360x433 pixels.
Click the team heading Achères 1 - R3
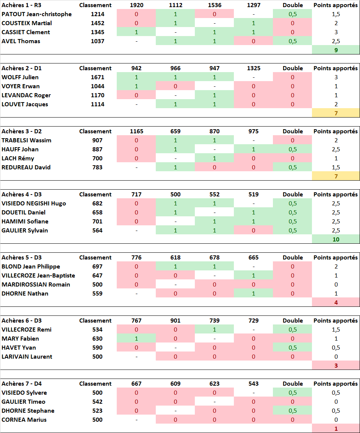click(x=21, y=5)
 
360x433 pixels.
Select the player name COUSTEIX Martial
click(x=27, y=23)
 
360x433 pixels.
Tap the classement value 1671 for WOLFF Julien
click(x=97, y=77)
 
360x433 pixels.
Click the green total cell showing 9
click(x=336, y=50)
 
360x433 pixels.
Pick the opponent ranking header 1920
click(x=136, y=5)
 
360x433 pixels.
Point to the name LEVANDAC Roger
click(x=26, y=95)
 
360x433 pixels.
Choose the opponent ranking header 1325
click(x=253, y=68)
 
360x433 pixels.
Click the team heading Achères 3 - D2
click(x=22, y=131)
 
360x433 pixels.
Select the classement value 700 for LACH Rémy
click(x=97, y=158)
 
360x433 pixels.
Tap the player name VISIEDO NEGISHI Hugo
click(x=34, y=204)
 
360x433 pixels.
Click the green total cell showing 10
click(x=336, y=239)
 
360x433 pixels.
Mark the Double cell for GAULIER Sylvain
click(x=292, y=231)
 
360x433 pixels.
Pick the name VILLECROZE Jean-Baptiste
click(x=38, y=276)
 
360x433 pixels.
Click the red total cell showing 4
click(x=336, y=302)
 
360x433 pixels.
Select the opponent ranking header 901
click(x=175, y=321)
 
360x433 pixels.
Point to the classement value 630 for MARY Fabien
click(x=97, y=339)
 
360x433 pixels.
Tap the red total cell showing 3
click(x=336, y=365)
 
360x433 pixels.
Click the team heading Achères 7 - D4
click(x=22, y=384)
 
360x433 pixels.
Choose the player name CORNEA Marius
click(x=24, y=420)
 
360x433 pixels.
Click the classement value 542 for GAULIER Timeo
click(x=97, y=402)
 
